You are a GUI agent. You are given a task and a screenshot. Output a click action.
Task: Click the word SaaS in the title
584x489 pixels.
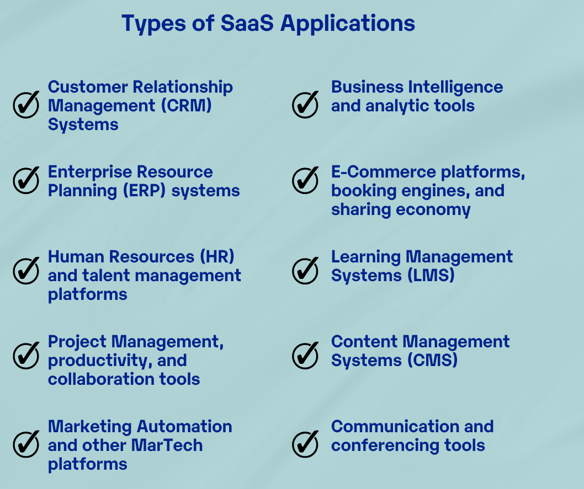(247, 23)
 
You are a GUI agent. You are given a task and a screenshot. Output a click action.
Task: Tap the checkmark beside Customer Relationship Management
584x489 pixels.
(26, 105)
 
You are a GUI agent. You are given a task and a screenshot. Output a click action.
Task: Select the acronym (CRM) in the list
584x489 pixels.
(186, 106)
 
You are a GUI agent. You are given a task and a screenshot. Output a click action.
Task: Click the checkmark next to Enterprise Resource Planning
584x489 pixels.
(26, 180)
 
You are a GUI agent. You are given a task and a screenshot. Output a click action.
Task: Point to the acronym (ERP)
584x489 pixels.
(144, 191)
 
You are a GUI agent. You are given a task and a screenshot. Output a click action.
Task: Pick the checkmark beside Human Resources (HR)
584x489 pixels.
(26, 270)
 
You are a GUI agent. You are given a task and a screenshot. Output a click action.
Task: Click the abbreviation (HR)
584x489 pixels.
(217, 256)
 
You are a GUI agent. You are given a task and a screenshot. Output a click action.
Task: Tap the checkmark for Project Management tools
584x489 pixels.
(26, 355)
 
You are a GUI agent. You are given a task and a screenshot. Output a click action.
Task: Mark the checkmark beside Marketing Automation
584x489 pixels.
(26, 444)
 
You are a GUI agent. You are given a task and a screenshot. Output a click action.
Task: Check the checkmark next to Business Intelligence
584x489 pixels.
(305, 105)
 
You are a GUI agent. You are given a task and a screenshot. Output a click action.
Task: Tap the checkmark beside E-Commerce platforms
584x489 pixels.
(305, 180)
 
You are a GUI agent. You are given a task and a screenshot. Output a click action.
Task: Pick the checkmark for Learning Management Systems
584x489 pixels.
(305, 270)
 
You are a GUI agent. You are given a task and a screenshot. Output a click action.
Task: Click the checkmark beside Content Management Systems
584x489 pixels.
(305, 355)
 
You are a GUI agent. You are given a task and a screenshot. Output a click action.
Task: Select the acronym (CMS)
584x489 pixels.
(432, 361)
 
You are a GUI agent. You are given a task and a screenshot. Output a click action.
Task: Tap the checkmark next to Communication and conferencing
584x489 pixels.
(305, 444)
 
